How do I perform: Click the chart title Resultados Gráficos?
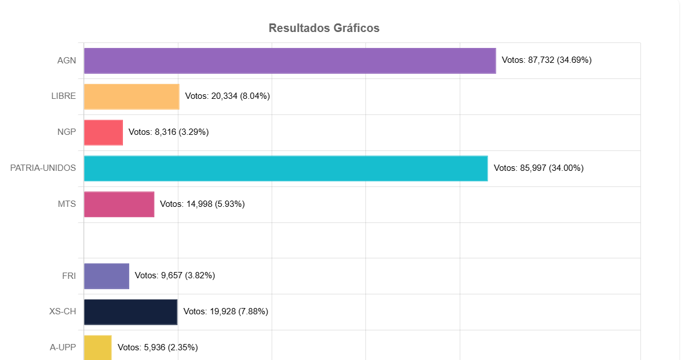coord(324,28)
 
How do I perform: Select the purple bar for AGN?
coord(290,61)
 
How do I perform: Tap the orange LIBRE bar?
coord(131,97)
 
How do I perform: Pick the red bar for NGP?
coord(103,133)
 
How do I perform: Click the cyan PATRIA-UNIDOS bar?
coord(286,169)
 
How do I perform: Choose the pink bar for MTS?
coord(119,205)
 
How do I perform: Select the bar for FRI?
coord(106,276)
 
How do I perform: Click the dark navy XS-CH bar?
coord(130,312)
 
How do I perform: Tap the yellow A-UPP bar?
coord(98,347)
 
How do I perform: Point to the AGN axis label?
coord(66,61)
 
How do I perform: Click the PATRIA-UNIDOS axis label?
coord(43,169)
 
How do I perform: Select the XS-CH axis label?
coord(62,312)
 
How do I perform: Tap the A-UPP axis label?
coord(63,347)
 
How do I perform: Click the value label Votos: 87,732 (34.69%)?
coord(547,60)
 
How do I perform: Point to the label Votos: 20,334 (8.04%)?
coord(228,96)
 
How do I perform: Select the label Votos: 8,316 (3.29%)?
coord(169,132)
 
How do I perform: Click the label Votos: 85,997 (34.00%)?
coord(539,168)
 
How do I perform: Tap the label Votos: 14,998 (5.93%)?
coord(202,204)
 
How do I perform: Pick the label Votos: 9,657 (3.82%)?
coord(175,275)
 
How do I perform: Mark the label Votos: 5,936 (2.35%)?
coord(158,347)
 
